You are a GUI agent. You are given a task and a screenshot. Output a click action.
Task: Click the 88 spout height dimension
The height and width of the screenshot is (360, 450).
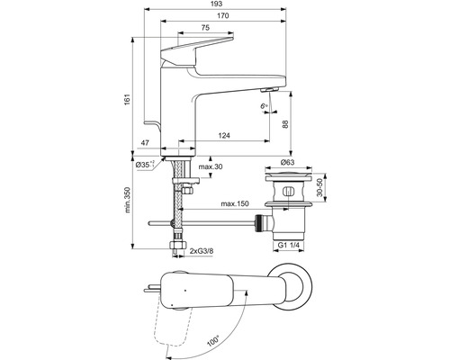click(285, 125)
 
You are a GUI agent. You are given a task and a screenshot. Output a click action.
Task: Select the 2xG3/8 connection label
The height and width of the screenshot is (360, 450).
click(209, 252)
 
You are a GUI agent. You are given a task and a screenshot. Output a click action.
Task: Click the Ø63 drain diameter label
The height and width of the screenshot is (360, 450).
click(290, 161)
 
